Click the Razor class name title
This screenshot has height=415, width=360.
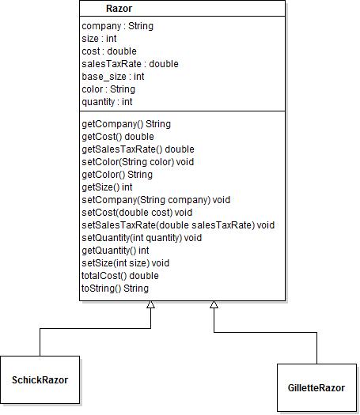coord(119,9)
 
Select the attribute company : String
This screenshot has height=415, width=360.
coord(118,26)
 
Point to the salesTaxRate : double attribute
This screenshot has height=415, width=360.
coord(130,64)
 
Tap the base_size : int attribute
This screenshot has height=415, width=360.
coord(113,77)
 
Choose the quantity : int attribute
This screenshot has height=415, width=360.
coord(107,102)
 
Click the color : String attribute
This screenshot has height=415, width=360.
coord(108,89)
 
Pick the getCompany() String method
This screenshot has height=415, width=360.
coord(127,124)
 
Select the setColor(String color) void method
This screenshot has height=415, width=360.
coord(138,162)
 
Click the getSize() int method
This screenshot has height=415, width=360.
coord(107,187)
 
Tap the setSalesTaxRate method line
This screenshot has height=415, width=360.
coord(178,225)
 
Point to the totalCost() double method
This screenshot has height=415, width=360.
coord(120,276)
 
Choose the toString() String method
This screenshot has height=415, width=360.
coord(115,289)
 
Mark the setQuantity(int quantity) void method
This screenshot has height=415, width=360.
coord(142,238)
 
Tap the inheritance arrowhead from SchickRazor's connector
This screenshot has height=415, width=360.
coord(151,304)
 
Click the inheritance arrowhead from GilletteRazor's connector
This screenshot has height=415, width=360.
coord(214,304)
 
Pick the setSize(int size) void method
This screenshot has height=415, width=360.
coord(126,263)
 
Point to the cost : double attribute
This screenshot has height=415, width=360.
coord(109,51)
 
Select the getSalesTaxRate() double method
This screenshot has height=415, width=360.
coord(138,149)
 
